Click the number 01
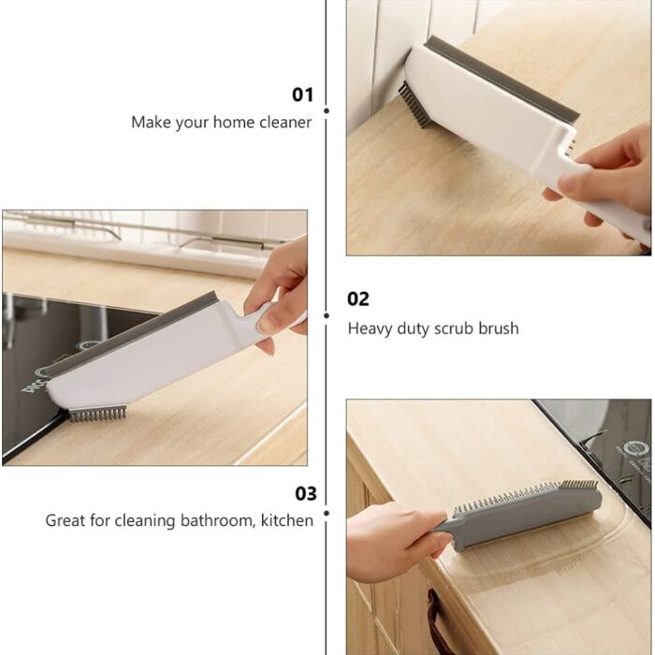click(x=302, y=95)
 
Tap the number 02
click(x=358, y=299)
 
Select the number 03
click(x=306, y=493)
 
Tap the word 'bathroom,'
click(x=218, y=520)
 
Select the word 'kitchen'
click(x=287, y=520)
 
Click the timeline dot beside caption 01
click(x=327, y=110)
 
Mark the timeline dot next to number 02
click(x=327, y=316)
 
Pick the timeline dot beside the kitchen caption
click(x=327, y=513)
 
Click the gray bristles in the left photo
click(x=97, y=414)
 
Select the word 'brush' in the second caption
click(x=499, y=328)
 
